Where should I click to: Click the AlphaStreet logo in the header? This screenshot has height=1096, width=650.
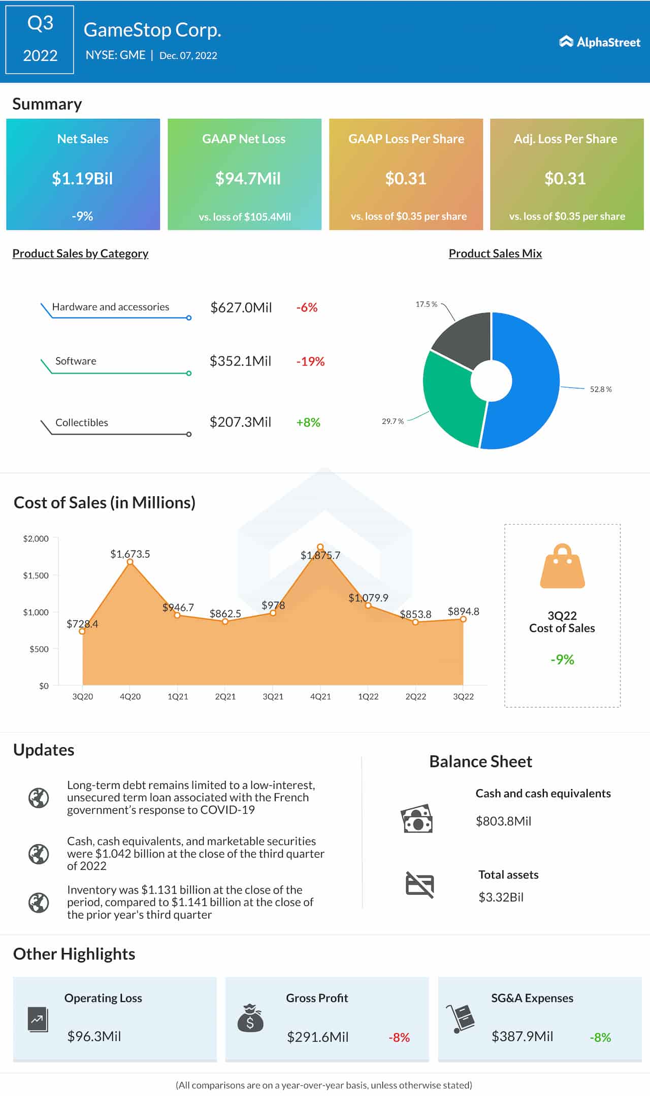tap(600, 42)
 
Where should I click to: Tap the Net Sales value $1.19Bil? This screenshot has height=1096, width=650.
tap(82, 178)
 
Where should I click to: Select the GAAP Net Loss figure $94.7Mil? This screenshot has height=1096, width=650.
tap(247, 178)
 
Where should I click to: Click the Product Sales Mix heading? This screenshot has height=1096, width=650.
tap(495, 253)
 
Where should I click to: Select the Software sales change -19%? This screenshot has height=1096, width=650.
tap(310, 361)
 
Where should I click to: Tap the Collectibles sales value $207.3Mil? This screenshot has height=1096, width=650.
tap(240, 422)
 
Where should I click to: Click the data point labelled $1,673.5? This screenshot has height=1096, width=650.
tap(130, 562)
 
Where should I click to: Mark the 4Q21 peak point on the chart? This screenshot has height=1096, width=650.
tap(320, 547)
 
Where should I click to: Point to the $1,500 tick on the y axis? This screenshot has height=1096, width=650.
tap(36, 575)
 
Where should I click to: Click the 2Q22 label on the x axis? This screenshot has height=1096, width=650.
tap(415, 696)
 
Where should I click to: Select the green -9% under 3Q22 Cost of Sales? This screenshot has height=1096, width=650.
tap(562, 659)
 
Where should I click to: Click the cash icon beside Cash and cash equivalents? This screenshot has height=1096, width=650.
tap(416, 818)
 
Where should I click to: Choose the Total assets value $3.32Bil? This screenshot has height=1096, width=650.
tap(501, 897)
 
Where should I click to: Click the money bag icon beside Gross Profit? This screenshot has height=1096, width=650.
tap(250, 1018)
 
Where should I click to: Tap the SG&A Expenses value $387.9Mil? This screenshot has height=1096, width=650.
tap(522, 1037)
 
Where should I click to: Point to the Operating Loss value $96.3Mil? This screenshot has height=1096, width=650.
tap(94, 1037)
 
